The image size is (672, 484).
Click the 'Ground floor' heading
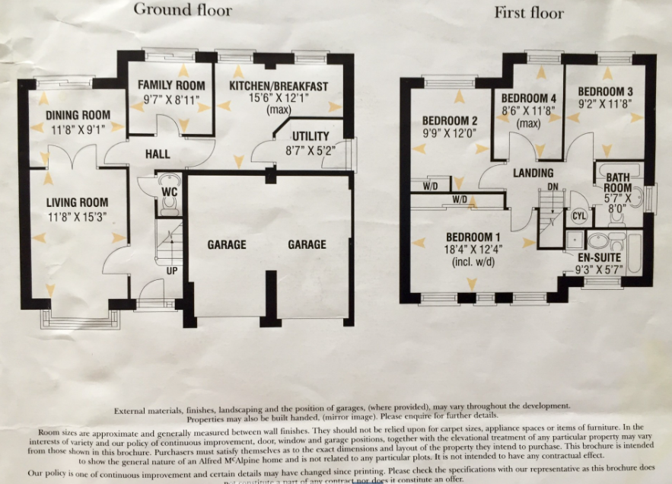click(x=183, y=11)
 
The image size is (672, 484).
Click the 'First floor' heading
click(x=529, y=13)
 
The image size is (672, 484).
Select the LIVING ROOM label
click(x=77, y=202)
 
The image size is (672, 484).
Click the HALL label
click(x=157, y=154)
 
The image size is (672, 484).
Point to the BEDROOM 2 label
click(x=450, y=121)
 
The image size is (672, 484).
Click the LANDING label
click(x=533, y=173)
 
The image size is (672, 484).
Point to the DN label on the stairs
click(x=553, y=186)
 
